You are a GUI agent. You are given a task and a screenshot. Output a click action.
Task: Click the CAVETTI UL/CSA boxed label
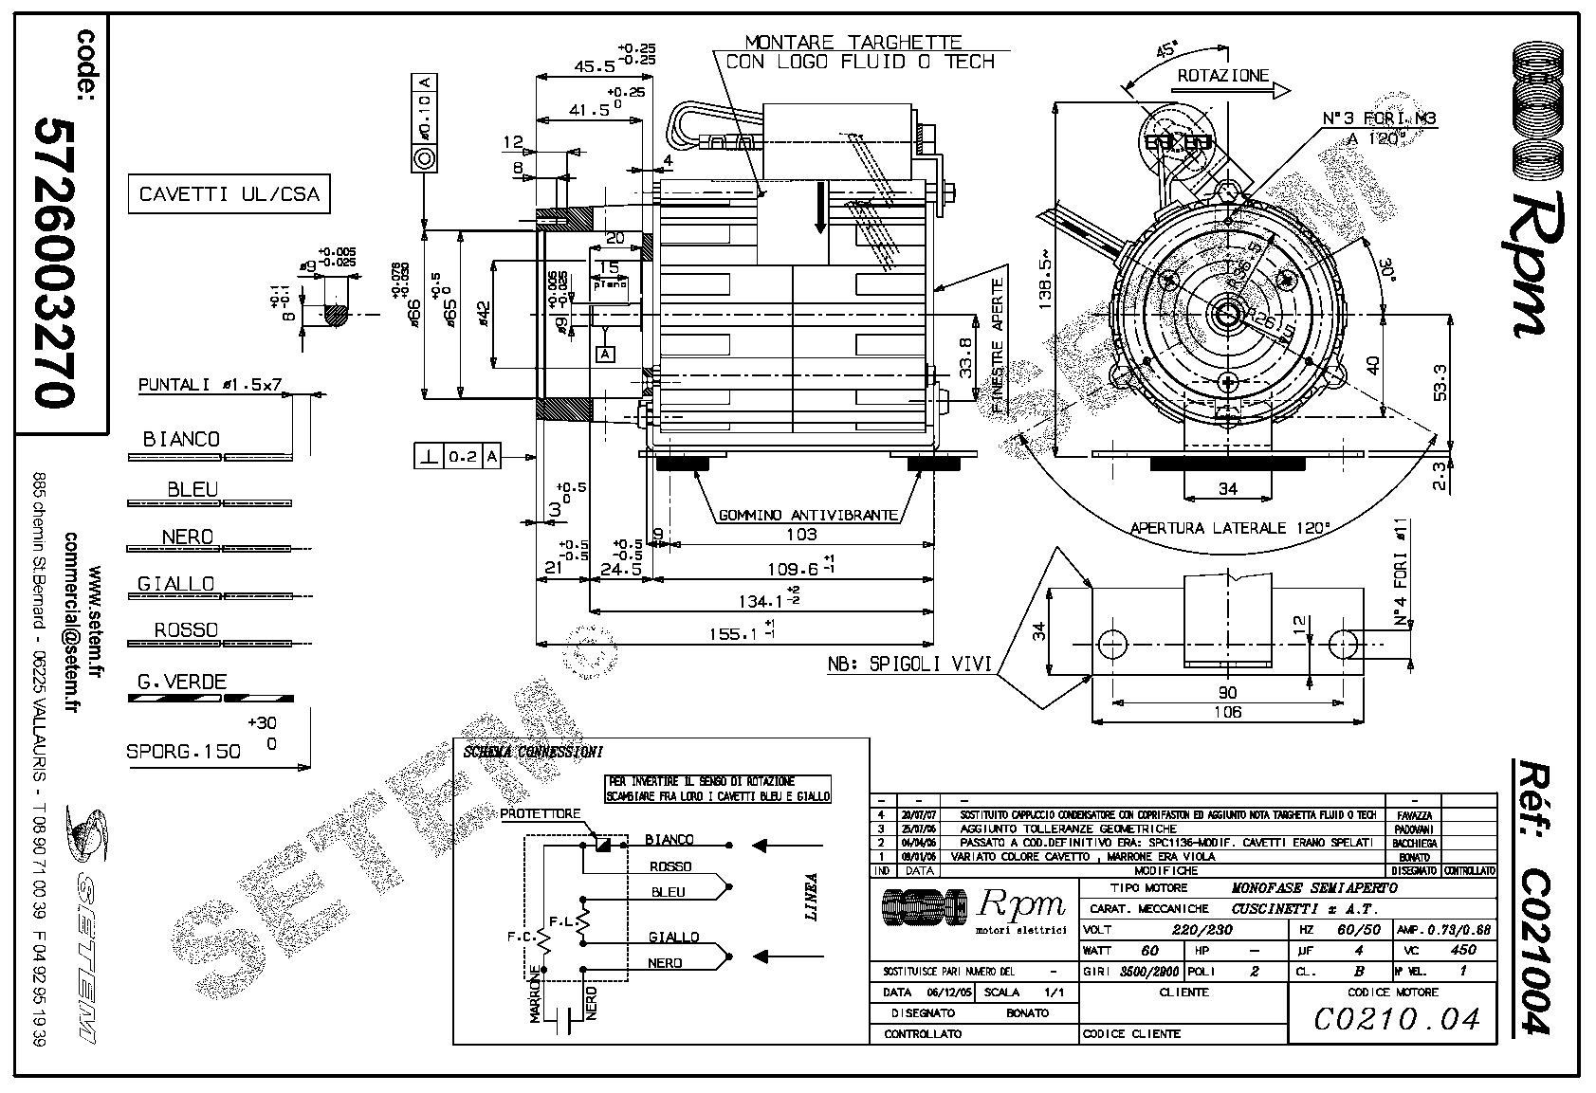tap(229, 194)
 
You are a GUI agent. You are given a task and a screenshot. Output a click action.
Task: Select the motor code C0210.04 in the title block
tap(1396, 1019)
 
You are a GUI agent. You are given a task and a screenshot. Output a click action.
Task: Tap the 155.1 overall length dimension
tap(732, 632)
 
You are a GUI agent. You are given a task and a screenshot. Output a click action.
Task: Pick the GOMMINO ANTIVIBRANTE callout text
tap(808, 516)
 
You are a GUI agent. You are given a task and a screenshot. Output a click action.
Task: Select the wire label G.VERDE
tap(181, 682)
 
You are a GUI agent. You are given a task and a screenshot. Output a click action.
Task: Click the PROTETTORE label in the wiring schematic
tap(540, 814)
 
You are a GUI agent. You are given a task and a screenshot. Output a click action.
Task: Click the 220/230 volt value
tap(1202, 930)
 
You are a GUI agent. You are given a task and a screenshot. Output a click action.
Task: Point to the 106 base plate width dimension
tap(1228, 712)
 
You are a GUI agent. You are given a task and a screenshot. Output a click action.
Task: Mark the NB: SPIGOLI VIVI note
tap(909, 665)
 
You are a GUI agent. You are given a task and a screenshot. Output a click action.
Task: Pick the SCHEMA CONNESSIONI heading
tap(532, 753)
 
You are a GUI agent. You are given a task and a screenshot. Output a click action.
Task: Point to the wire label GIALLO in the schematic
tap(673, 937)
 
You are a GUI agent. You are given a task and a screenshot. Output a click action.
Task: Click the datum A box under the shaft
tap(606, 354)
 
